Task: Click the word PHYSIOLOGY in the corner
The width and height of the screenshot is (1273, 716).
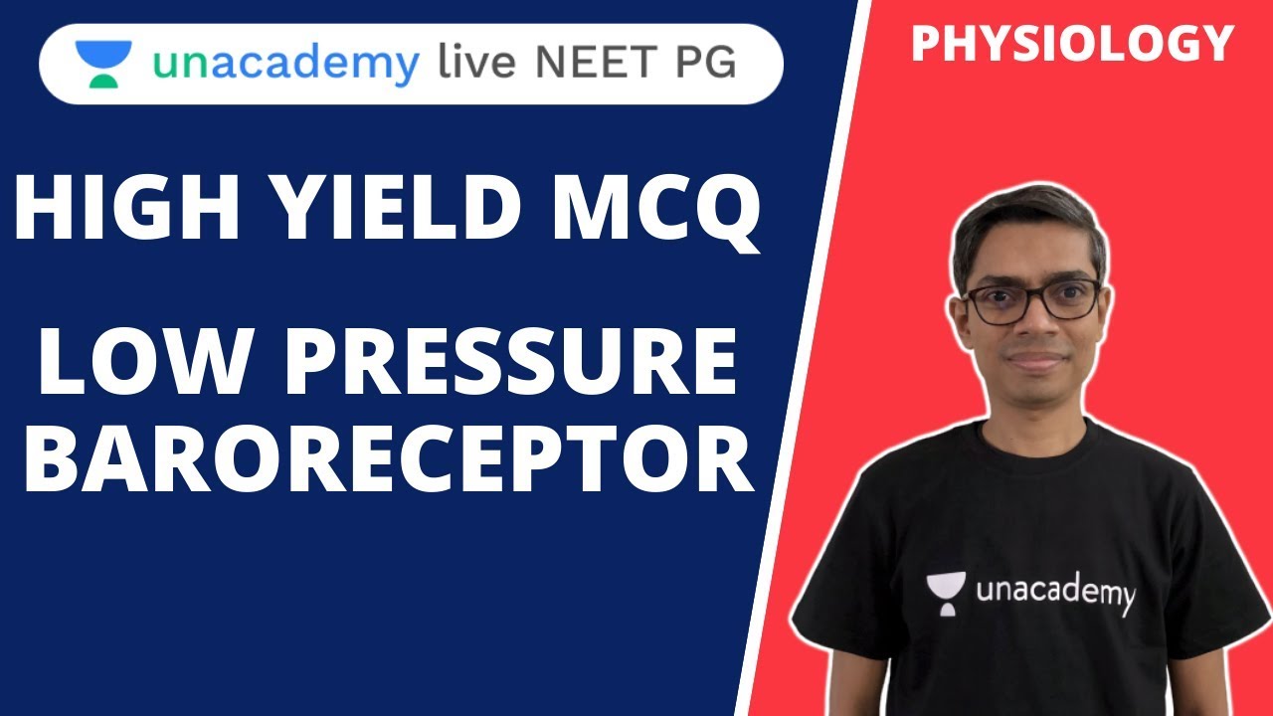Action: [1072, 44]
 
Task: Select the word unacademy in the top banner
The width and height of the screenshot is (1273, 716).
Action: [284, 65]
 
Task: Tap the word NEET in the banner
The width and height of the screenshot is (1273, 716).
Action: [601, 65]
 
